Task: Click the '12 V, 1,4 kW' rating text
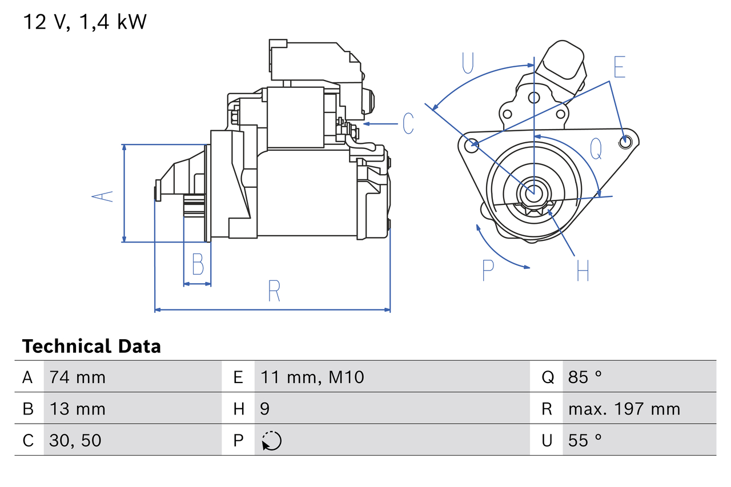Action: point(85,22)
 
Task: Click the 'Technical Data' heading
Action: point(91,347)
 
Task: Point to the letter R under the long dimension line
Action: point(274,291)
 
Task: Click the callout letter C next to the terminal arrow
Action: point(408,124)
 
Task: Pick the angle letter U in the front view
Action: point(468,63)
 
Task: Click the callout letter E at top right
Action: point(620,67)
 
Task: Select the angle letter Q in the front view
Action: point(596,149)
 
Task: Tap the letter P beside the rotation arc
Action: point(488,270)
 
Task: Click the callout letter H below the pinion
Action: point(583,271)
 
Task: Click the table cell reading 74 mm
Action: point(78,377)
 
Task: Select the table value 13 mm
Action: point(78,409)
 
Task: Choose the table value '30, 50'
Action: point(75,440)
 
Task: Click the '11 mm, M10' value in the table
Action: point(312,377)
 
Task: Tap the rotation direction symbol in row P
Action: point(271,441)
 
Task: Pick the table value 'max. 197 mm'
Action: point(624,409)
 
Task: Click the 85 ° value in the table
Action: point(585,377)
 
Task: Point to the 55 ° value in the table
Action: point(585,440)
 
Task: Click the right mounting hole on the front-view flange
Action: point(626,140)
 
